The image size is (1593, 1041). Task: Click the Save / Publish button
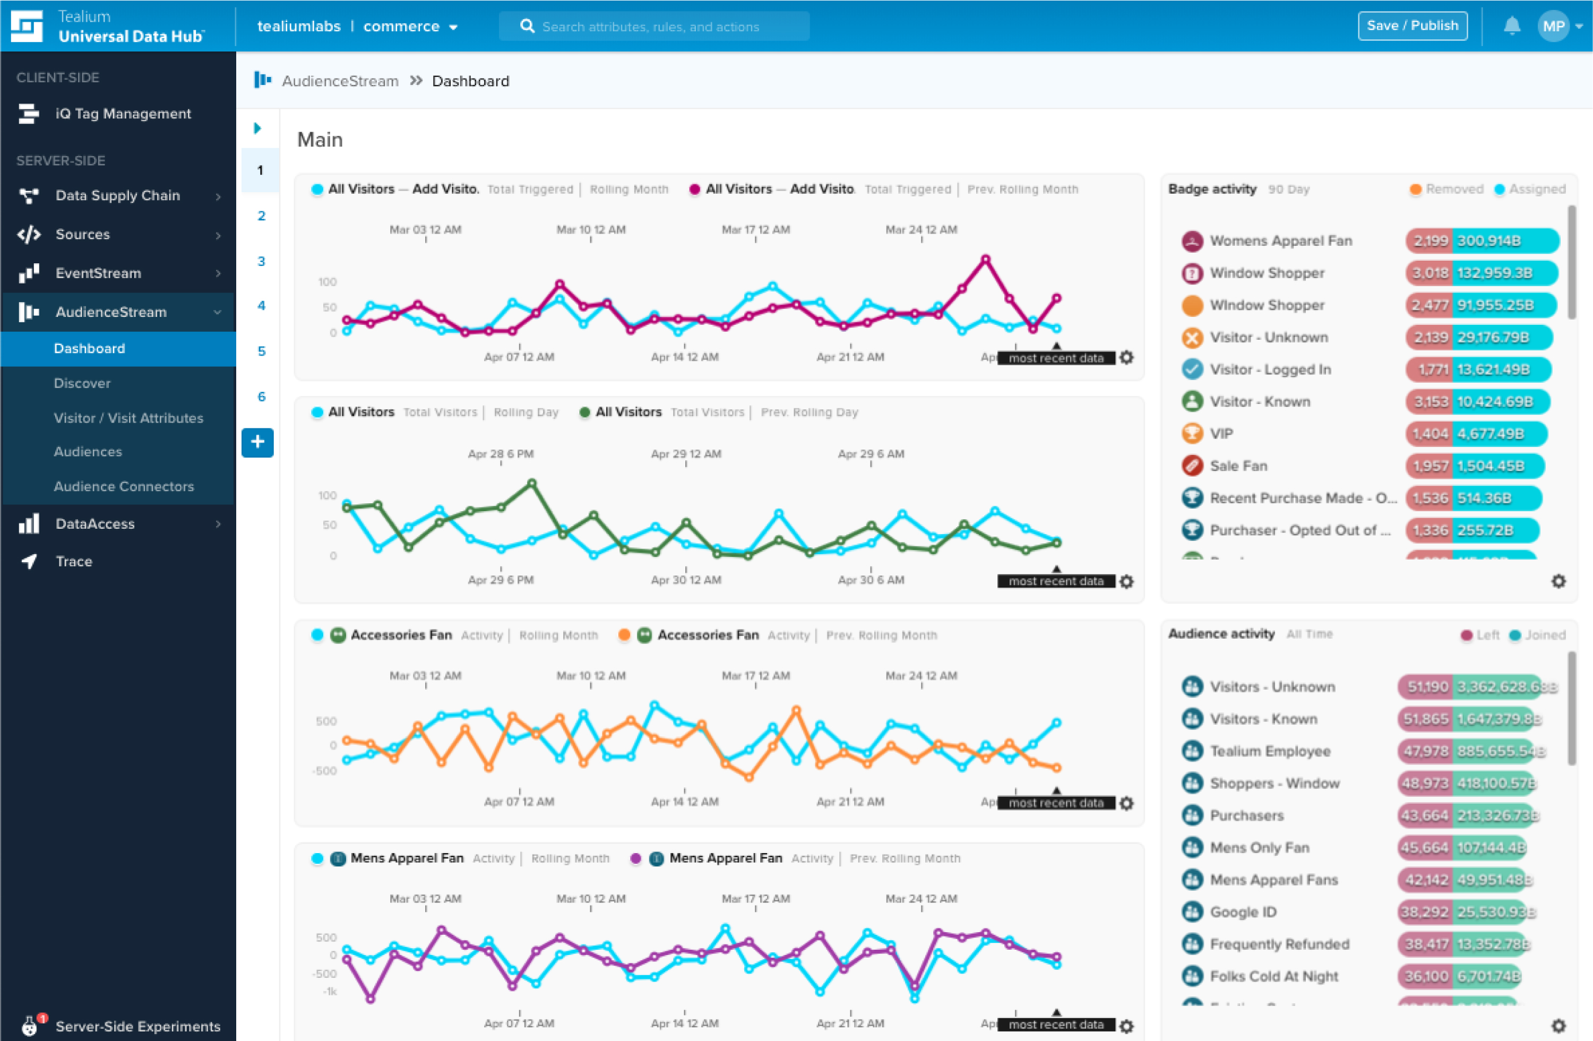tap(1413, 26)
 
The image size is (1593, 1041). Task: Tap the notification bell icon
tap(1511, 26)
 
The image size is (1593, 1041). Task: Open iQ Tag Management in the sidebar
tap(123, 114)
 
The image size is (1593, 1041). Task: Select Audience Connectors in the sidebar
tap(124, 487)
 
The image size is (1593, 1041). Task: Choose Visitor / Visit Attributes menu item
tap(128, 418)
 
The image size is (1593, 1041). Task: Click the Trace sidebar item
tap(74, 562)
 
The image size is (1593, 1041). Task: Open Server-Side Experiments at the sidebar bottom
tap(137, 1026)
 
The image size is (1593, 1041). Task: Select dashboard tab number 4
tap(261, 306)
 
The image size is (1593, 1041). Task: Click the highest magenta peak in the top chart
tap(985, 259)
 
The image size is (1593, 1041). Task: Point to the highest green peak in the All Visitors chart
tap(532, 483)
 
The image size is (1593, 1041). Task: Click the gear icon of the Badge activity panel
tap(1558, 581)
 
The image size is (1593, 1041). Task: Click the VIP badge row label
tap(1221, 434)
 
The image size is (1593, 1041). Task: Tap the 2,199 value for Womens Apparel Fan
tap(1431, 241)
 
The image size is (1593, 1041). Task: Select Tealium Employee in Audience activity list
tap(1270, 751)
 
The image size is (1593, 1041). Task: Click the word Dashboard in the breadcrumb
tap(470, 81)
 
